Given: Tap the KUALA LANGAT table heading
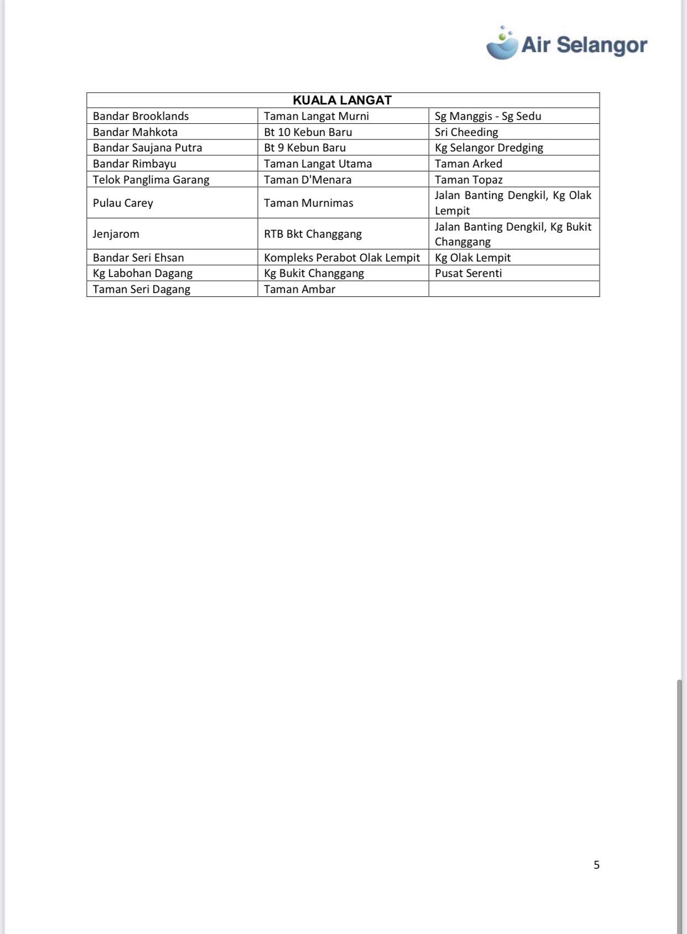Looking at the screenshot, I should pyautogui.click(x=342, y=100).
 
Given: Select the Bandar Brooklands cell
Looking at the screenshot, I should pyautogui.click(x=141, y=116).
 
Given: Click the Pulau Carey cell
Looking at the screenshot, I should pyautogui.click(x=123, y=203).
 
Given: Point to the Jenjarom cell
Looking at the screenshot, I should pyautogui.click(x=116, y=234).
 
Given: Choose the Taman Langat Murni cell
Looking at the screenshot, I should pyautogui.click(x=316, y=116).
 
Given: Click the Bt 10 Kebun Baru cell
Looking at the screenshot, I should pyautogui.click(x=308, y=132).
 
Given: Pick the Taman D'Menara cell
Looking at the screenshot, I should pyautogui.click(x=308, y=180).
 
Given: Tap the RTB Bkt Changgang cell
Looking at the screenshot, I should pyautogui.click(x=313, y=234).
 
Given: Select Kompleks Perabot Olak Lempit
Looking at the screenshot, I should pyautogui.click(x=342, y=258).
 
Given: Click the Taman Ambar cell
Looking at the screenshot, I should pyautogui.click(x=300, y=289).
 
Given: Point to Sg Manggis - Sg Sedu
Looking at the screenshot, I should pyautogui.click(x=488, y=116).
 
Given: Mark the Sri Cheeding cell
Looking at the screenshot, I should pyautogui.click(x=466, y=132).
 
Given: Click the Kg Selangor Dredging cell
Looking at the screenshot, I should pyautogui.click(x=489, y=148).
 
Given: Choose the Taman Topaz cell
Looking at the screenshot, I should pyautogui.click(x=469, y=180).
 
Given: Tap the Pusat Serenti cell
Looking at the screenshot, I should pyautogui.click(x=469, y=273).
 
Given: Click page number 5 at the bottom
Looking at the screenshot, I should pyautogui.click(x=596, y=865).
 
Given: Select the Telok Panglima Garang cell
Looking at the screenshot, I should pyautogui.click(x=151, y=180).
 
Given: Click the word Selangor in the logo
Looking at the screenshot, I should pyautogui.click(x=602, y=45).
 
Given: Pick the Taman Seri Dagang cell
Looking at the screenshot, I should pyautogui.click(x=142, y=289).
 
